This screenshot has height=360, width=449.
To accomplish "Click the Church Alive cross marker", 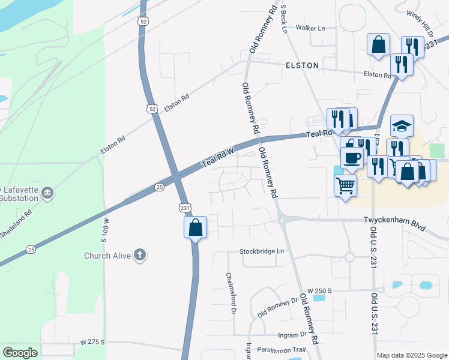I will pyautogui.click(x=140, y=256).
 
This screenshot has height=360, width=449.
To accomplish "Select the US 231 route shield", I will pyautogui.click(x=185, y=207).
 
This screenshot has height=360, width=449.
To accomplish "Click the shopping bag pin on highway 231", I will pyautogui.click(x=195, y=228).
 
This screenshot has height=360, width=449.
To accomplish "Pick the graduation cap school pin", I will pyautogui.click(x=402, y=126).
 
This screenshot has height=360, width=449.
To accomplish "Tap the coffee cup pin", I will pyautogui.click(x=352, y=158).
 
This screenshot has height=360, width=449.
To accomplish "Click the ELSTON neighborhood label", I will pyautogui.click(x=302, y=65).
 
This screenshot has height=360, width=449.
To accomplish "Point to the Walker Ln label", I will pyautogui.click(x=310, y=28).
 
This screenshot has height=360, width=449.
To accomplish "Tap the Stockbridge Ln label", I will pyautogui.click(x=262, y=251).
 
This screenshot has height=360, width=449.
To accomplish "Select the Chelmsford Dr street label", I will pyautogui.click(x=230, y=294).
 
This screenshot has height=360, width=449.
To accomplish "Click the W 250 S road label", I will pyautogui.click(x=319, y=290).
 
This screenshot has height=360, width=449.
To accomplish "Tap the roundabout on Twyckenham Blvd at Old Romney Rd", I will pyautogui.click(x=282, y=220).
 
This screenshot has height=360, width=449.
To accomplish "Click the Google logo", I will pyautogui.click(x=20, y=352).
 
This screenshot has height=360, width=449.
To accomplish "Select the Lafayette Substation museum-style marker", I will pyautogui.click(x=48, y=193).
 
